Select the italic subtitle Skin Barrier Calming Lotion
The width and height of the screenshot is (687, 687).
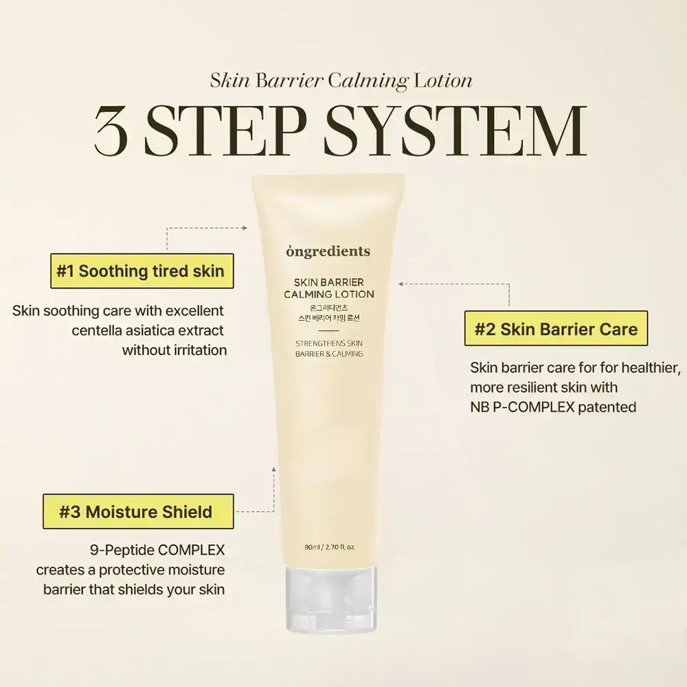pyautogui.click(x=341, y=80)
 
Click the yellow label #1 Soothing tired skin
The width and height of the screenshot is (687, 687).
pyautogui.click(x=140, y=270)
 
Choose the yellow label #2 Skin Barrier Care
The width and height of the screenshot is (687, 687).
pyautogui.click(x=556, y=328)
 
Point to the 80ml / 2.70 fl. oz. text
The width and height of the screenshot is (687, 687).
pyautogui.click(x=334, y=548)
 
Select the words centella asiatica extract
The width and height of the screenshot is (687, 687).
pyautogui.click(x=148, y=330)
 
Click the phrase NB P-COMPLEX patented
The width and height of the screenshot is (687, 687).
pyautogui.click(x=553, y=407)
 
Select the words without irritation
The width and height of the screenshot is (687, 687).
pyautogui.click(x=174, y=350)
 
